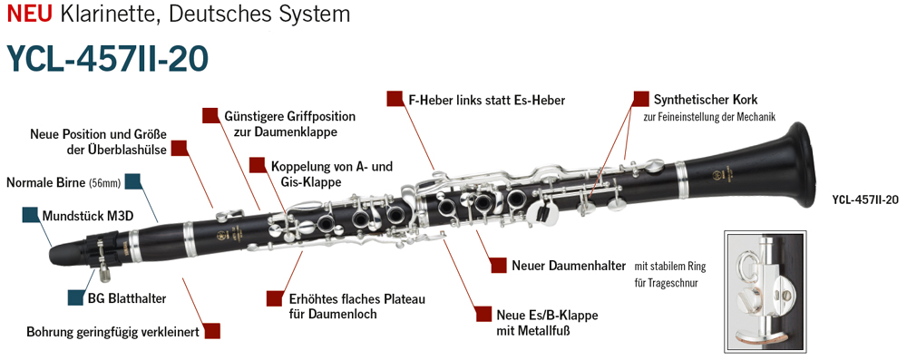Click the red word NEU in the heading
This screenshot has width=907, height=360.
pos(30,13)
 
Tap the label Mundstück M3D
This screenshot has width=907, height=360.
pos(88,216)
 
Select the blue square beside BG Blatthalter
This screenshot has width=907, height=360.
pos(76,297)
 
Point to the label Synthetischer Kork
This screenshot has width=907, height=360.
pos(706,99)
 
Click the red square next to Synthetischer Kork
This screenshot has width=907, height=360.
pos(641,99)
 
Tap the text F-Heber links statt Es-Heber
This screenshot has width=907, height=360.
pos(486,100)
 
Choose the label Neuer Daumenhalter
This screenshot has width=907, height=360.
pos(569,267)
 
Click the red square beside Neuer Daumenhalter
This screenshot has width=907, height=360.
pos(499,265)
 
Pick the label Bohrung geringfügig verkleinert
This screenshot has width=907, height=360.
pos(112,333)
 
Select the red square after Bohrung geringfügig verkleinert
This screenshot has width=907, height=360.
pos(212,330)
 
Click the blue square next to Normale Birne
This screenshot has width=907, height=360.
pos(133,181)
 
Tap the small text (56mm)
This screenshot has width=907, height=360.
pos(104,183)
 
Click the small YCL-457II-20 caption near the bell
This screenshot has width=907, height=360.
pos(864,200)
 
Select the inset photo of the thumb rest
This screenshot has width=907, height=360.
pos(764,292)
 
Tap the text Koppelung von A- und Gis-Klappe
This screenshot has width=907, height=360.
pos(331,174)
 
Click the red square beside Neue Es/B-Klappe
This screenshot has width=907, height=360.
pos(483,314)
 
